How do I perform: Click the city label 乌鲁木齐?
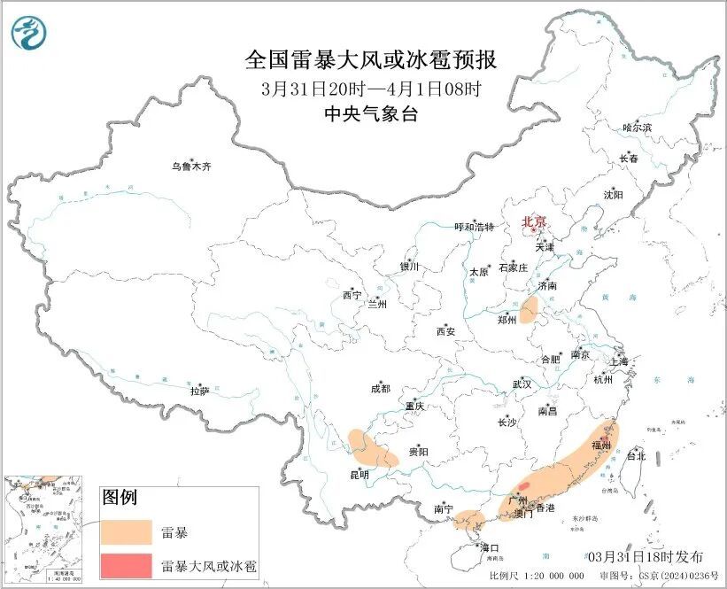[x=191, y=167]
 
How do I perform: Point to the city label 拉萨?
[x=199, y=391]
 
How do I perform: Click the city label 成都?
[x=380, y=388]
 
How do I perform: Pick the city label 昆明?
[x=360, y=476]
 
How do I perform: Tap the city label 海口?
[x=489, y=547]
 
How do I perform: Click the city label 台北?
[x=636, y=456]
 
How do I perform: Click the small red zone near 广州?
[x=523, y=485]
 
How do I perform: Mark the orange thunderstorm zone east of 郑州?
[x=530, y=310]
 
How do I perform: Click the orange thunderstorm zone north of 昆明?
[x=372, y=448]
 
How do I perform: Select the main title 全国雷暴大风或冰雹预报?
[x=370, y=60]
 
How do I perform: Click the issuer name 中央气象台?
[x=370, y=113]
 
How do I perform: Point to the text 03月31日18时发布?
[x=646, y=556]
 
